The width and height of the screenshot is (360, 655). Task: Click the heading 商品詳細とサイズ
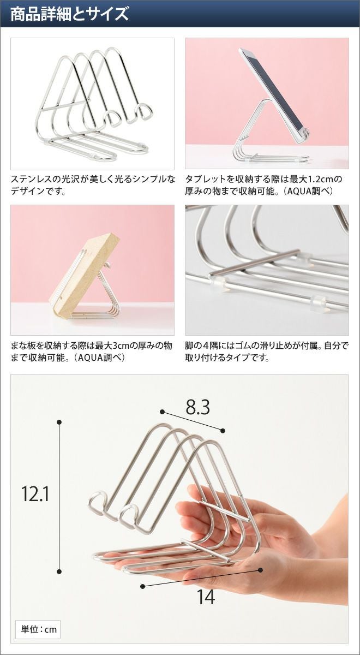(x=69, y=14)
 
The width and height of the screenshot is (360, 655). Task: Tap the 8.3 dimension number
(x=198, y=407)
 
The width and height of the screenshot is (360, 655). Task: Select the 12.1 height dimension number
(x=35, y=493)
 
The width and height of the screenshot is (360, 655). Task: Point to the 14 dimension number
(x=206, y=597)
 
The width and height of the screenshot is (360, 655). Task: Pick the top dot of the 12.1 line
(x=59, y=422)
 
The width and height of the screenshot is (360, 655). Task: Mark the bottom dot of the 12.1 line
(x=59, y=571)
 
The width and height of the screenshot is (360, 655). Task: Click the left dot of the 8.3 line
(x=162, y=412)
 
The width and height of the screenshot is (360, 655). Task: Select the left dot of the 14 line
(x=142, y=586)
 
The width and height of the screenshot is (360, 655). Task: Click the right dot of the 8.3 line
(x=223, y=431)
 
